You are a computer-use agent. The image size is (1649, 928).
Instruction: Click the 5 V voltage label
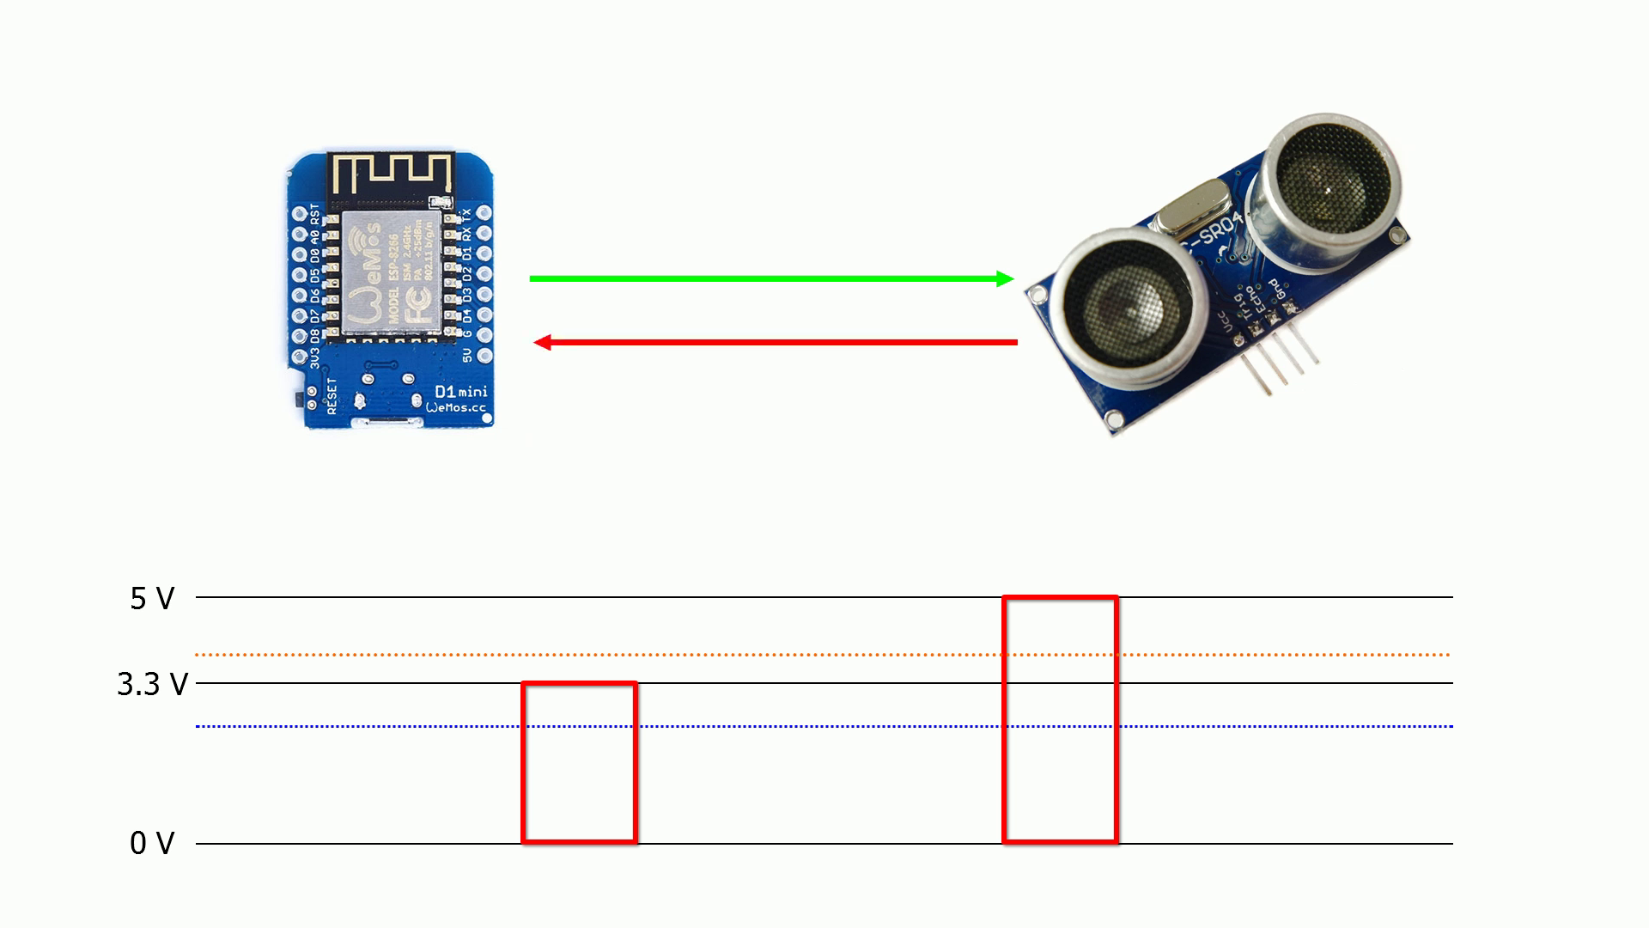coord(152,599)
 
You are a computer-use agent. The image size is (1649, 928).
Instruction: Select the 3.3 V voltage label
coord(153,685)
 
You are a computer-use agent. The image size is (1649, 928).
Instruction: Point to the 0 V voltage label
coord(152,844)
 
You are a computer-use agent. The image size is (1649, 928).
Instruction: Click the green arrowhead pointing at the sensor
coord(1004,278)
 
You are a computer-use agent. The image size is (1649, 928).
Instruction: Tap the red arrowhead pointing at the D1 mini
coord(543,343)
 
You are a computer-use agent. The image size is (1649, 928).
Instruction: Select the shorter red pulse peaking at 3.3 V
coord(579,762)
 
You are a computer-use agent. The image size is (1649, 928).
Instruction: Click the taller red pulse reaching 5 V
coord(1060,719)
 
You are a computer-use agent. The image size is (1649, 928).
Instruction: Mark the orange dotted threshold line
coord(773,655)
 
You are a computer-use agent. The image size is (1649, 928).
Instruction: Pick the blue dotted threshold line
coord(773,726)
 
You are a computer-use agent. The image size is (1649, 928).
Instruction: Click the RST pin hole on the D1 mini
coord(300,211)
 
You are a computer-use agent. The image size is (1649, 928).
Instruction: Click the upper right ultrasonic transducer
coord(1327,185)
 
